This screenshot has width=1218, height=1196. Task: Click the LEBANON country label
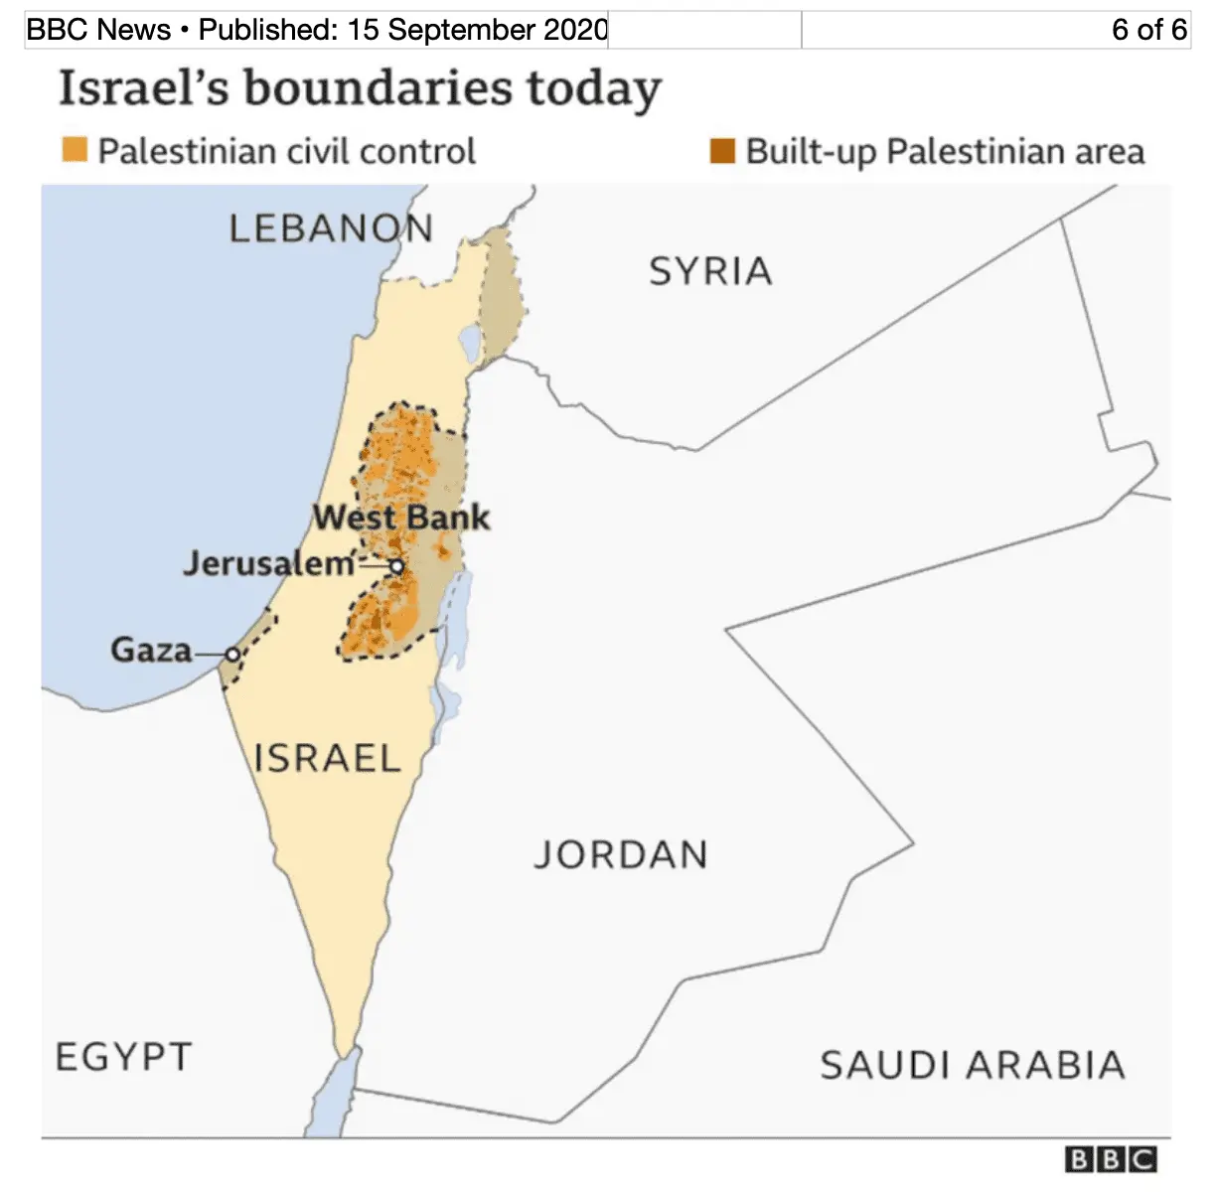(x=331, y=229)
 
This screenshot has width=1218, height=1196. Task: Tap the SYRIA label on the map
(x=710, y=271)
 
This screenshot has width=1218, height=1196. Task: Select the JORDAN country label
(x=621, y=854)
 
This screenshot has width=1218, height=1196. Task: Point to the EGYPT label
(x=123, y=1057)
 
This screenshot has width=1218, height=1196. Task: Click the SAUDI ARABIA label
(x=973, y=1066)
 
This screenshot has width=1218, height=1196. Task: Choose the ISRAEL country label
(x=327, y=759)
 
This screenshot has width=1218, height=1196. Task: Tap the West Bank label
(x=401, y=518)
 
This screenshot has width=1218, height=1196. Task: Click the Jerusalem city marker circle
(x=396, y=566)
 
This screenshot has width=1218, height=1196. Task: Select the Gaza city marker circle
(x=232, y=654)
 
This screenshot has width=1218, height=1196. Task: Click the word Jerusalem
(x=268, y=563)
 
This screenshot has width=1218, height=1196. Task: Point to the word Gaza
(x=151, y=650)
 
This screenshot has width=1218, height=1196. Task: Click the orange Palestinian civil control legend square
(x=75, y=150)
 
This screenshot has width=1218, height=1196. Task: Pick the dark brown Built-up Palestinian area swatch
(x=722, y=151)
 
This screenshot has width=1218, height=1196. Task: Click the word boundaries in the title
(x=379, y=89)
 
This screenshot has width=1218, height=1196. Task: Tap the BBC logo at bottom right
(x=1111, y=1159)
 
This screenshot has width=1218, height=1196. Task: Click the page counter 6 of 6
(x=1148, y=30)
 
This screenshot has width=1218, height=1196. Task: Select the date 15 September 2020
(x=477, y=30)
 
